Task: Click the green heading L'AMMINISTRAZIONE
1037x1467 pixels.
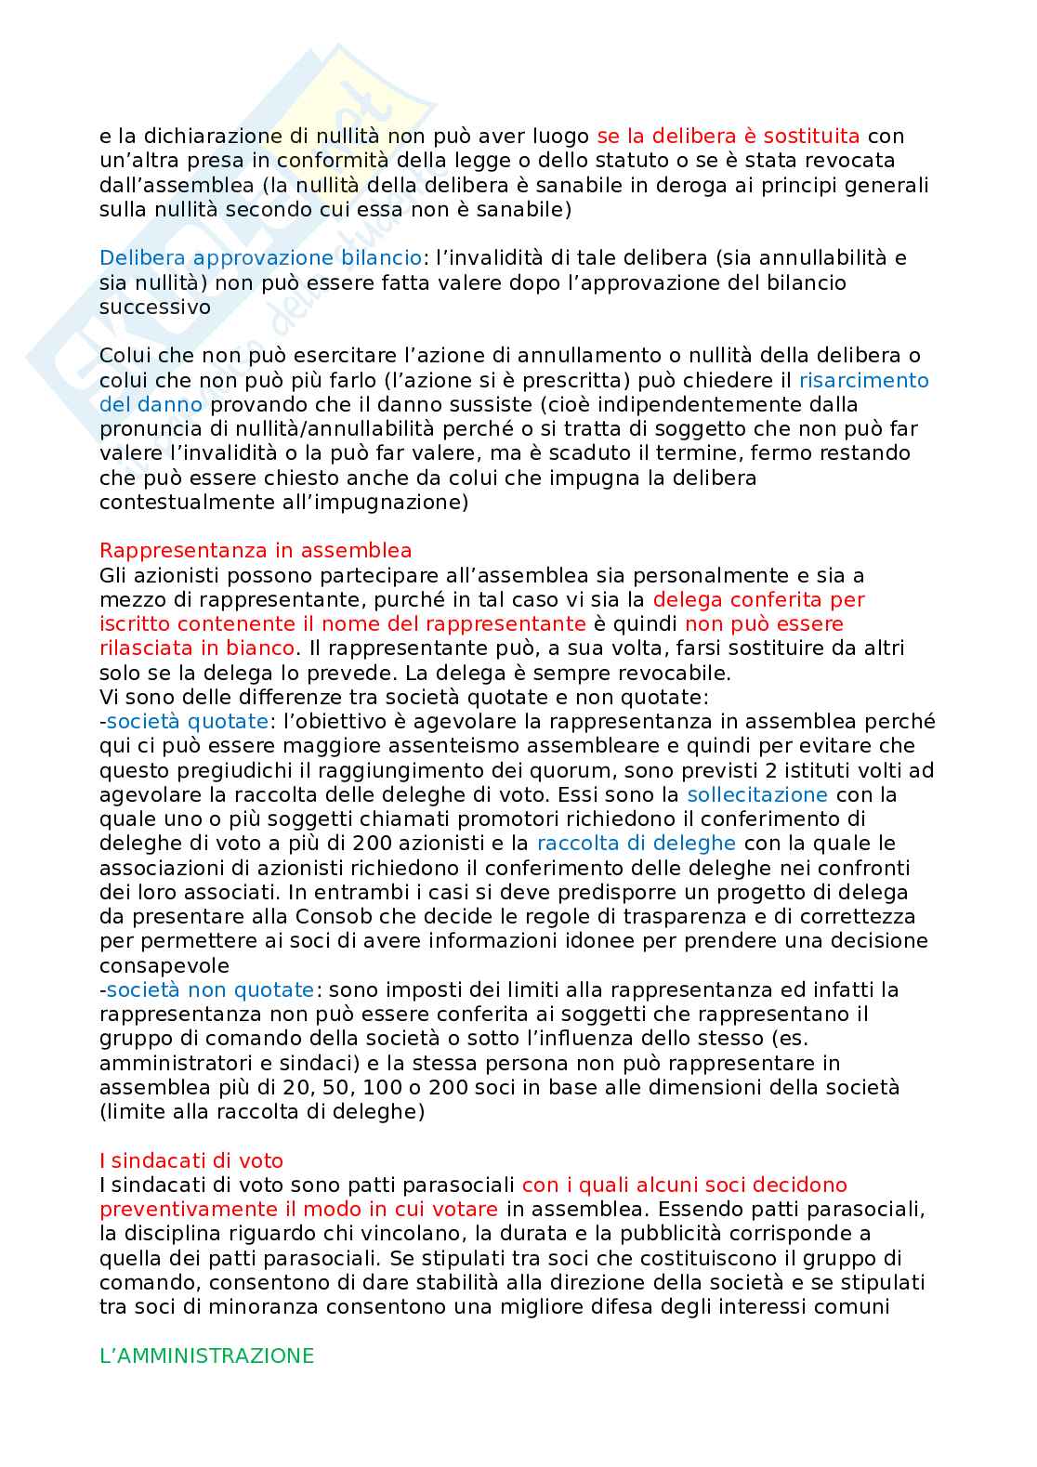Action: click(x=206, y=1356)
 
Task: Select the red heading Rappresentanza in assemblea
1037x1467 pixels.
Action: click(x=256, y=551)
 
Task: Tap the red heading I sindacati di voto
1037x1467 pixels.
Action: click(x=191, y=1160)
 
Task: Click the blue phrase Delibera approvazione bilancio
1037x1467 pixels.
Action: click(x=260, y=258)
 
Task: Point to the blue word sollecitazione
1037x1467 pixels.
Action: click(x=756, y=794)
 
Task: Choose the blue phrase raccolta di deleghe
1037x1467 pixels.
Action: click(x=636, y=844)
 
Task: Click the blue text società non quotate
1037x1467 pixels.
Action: click(x=210, y=989)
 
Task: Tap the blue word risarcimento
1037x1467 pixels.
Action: click(x=863, y=380)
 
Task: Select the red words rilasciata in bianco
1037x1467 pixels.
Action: click(x=197, y=648)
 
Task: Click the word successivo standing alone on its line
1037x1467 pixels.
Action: click(x=155, y=307)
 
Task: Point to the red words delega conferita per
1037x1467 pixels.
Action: click(x=758, y=599)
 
